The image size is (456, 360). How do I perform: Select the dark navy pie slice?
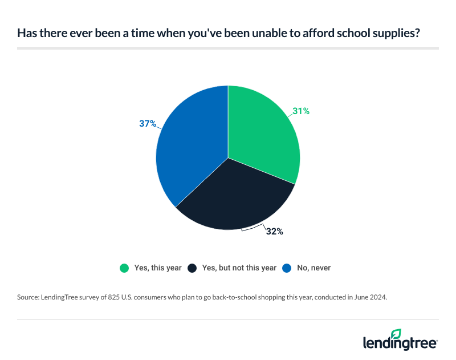[234, 197]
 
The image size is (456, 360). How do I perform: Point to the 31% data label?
[300, 111]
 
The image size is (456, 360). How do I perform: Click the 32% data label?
[274, 232]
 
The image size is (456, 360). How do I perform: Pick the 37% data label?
[148, 123]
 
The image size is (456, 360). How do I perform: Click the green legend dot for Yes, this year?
[124, 268]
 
